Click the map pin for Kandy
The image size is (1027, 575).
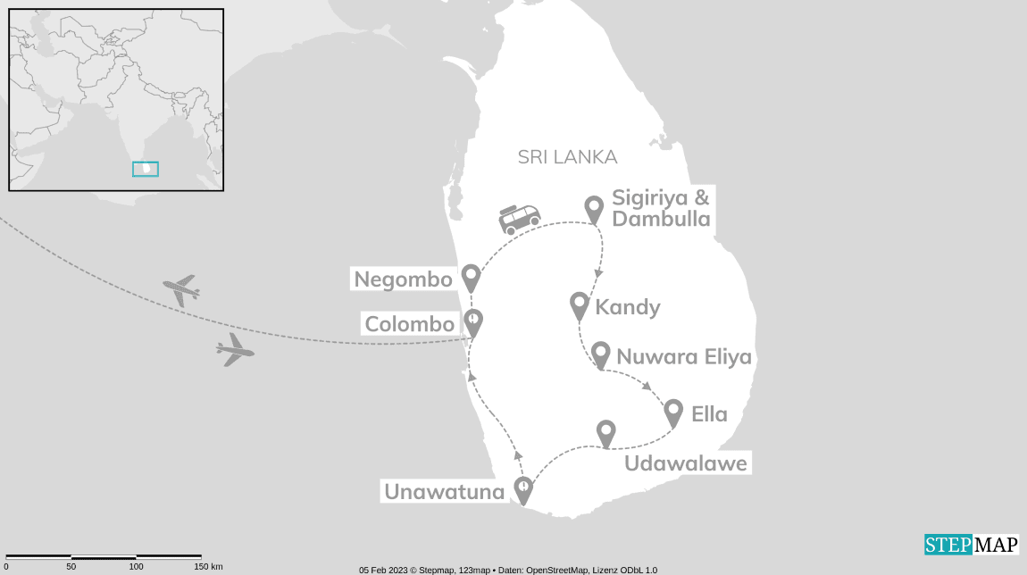pyautogui.click(x=580, y=305)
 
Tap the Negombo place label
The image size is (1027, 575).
pyautogui.click(x=403, y=279)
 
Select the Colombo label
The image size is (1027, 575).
pyautogui.click(x=409, y=323)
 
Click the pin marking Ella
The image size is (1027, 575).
pyautogui.click(x=673, y=412)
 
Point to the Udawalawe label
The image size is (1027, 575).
pyautogui.click(x=685, y=463)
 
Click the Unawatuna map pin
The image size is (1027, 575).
pyautogui.click(x=523, y=489)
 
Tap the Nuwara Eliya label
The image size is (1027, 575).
pyautogui.click(x=684, y=358)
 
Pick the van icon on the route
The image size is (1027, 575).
pyautogui.click(x=519, y=219)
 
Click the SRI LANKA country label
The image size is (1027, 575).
pyautogui.click(x=567, y=157)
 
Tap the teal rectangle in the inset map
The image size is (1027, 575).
pyautogui.click(x=145, y=168)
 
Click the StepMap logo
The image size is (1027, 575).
pyautogui.click(x=971, y=545)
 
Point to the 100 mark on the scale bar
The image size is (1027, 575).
pyautogui.click(x=136, y=566)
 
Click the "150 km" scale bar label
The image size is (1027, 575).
pyautogui.click(x=207, y=566)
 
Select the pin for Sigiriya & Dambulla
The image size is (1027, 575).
pyautogui.click(x=594, y=209)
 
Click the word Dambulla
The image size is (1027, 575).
pyautogui.click(x=662, y=219)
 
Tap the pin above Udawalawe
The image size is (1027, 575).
pyautogui.click(x=606, y=433)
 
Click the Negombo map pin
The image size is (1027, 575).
pyautogui.click(x=471, y=278)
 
